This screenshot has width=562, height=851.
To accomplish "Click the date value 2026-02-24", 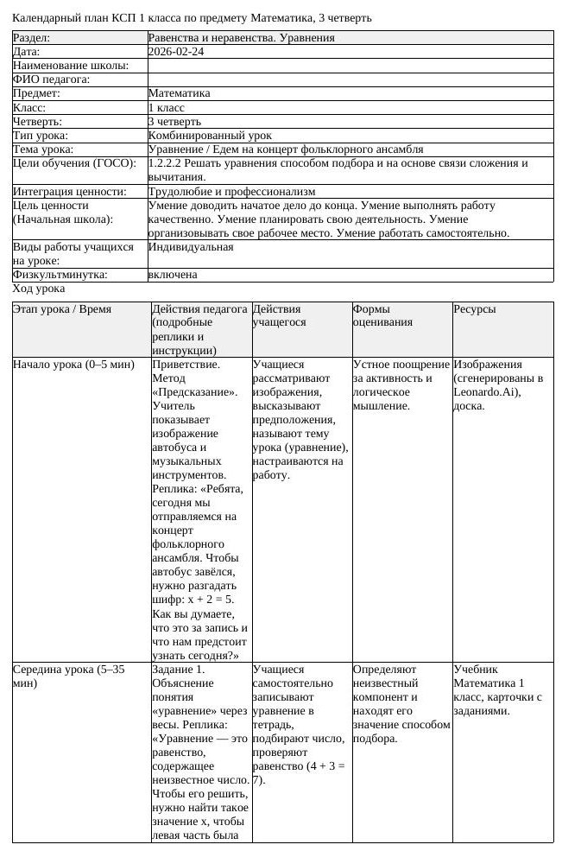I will tap(176, 52).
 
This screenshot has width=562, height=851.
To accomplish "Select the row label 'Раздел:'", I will tap(31, 38).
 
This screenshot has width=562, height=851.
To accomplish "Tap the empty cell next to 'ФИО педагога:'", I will tap(350, 79).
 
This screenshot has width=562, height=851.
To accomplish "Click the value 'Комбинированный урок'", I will tap(210, 136).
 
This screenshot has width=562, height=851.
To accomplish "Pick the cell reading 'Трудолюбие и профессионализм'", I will tap(231, 192).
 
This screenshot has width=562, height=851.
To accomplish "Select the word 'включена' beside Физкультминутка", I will tap(173, 275).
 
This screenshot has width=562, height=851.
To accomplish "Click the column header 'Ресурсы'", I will tap(475, 309).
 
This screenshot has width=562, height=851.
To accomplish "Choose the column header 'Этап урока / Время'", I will tap(62, 309).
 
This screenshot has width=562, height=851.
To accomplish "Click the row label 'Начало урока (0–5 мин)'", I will tap(73, 365).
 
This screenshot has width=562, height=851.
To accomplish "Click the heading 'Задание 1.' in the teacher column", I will tap(179, 670).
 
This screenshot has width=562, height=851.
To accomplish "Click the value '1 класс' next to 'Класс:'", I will tap(167, 108).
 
